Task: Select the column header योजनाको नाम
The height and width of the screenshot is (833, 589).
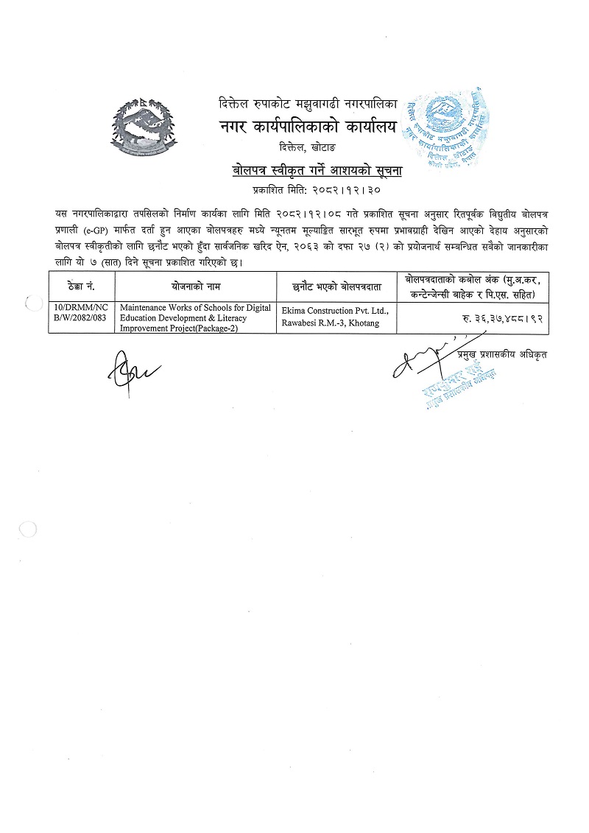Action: (194, 284)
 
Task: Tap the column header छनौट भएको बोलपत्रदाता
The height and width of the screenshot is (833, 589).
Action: (335, 284)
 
